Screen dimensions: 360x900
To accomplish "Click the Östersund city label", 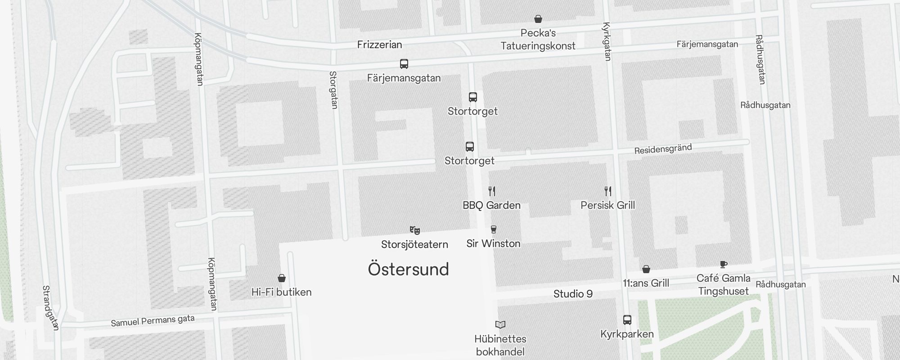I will point(408,269).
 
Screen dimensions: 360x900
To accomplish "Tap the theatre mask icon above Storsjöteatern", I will point(414,230).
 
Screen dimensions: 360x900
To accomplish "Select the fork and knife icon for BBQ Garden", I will point(492,191).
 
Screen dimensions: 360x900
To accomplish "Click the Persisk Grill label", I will point(607,205).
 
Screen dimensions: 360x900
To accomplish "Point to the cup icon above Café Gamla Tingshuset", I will point(723,264).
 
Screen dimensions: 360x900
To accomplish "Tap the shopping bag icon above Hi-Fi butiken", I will point(282,278).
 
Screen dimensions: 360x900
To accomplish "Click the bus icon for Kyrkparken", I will point(627,320).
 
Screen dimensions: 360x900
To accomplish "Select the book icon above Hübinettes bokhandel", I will point(500,324).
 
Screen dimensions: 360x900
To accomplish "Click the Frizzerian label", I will point(379,45).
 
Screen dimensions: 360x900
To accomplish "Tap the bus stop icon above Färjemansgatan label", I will point(404,64).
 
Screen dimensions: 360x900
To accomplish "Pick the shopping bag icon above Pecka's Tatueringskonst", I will point(538,19).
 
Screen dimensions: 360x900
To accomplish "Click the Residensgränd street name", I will point(663,149).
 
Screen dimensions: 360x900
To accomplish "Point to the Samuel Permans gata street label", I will point(153,321).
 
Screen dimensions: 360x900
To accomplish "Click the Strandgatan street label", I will point(50,308).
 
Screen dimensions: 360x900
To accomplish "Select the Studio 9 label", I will point(573,294).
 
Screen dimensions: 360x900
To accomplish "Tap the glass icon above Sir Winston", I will point(493,229).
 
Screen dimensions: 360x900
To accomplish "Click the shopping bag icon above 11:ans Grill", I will point(646,269).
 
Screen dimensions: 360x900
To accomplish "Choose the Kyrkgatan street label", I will point(606,41).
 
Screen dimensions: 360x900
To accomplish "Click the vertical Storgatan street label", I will point(333,90).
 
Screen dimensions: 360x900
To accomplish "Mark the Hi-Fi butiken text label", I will point(281,292).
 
